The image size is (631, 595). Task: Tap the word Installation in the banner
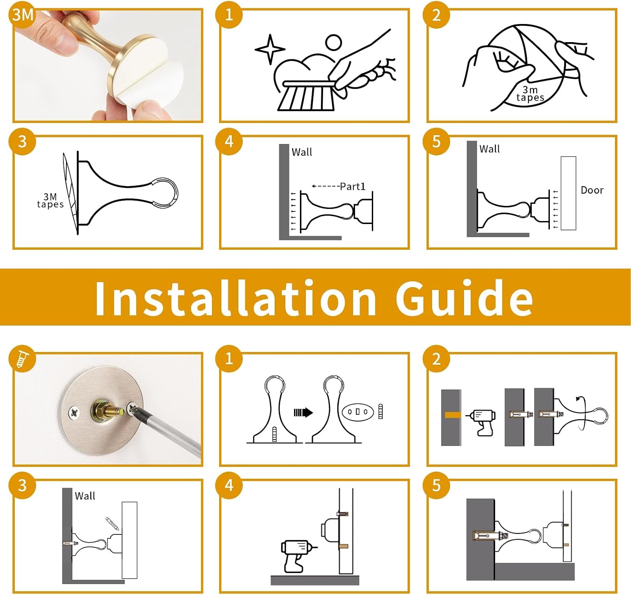(236, 299)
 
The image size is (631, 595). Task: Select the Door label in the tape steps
(592, 190)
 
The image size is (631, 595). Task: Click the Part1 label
(353, 187)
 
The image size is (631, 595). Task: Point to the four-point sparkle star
(270, 49)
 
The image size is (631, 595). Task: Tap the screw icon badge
(22, 359)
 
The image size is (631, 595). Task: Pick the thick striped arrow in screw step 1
(303, 413)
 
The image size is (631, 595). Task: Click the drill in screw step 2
(481, 422)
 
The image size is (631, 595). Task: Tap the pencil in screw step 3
(112, 524)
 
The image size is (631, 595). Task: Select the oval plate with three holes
(358, 412)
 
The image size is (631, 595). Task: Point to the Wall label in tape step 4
(302, 152)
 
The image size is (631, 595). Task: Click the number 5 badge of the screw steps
(436, 486)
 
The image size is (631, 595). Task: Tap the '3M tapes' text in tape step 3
(50, 201)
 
